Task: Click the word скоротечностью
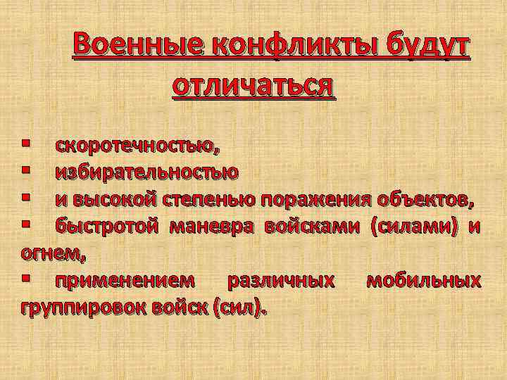click(137, 146)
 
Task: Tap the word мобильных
click(424, 280)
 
